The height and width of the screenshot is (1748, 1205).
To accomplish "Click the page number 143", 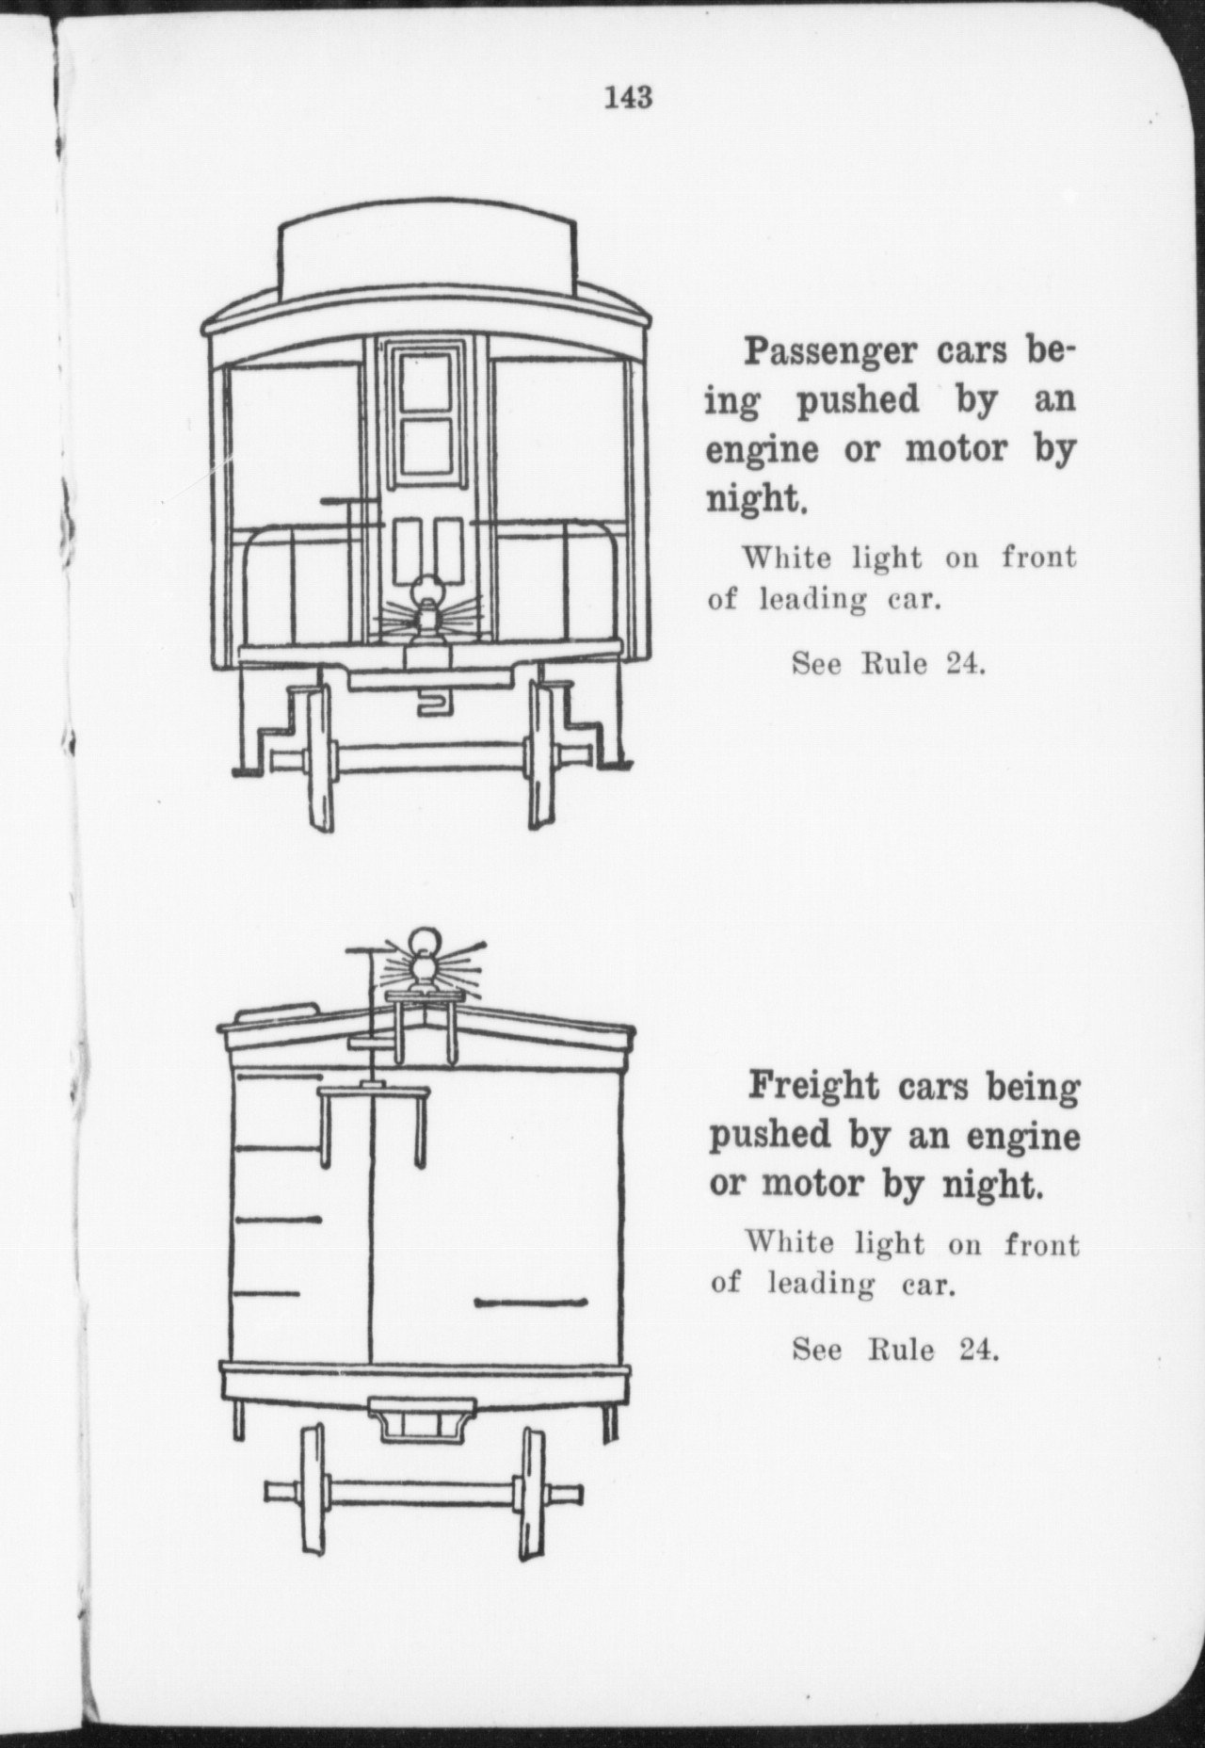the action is [629, 96].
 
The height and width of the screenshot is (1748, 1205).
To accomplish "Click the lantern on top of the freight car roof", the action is [425, 961].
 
